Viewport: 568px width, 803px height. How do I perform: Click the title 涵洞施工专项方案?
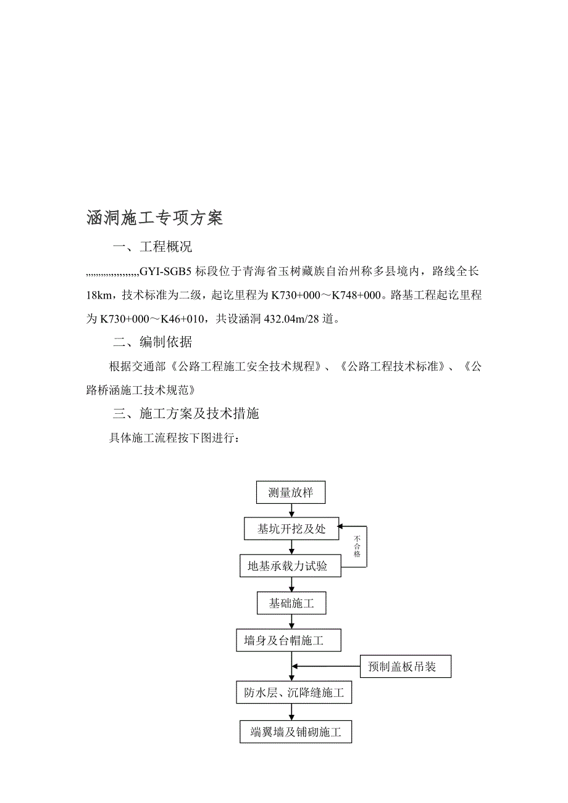tap(154, 218)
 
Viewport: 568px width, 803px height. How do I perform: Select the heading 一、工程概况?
tap(152, 247)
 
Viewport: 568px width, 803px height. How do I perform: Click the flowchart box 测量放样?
tap(290, 493)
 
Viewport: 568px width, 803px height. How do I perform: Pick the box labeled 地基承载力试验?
tap(290, 566)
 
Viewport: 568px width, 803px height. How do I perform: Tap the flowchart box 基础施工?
tap(291, 603)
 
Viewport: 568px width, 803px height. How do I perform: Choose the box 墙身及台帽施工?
tap(288, 641)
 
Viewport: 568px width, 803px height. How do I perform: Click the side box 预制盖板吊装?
tap(405, 667)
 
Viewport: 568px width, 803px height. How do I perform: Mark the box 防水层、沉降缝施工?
tap(294, 693)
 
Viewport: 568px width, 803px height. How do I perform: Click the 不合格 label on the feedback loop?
tap(357, 546)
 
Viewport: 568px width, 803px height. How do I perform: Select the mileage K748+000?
tap(356, 295)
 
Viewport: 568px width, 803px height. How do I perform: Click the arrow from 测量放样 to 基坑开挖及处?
tap(291, 510)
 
